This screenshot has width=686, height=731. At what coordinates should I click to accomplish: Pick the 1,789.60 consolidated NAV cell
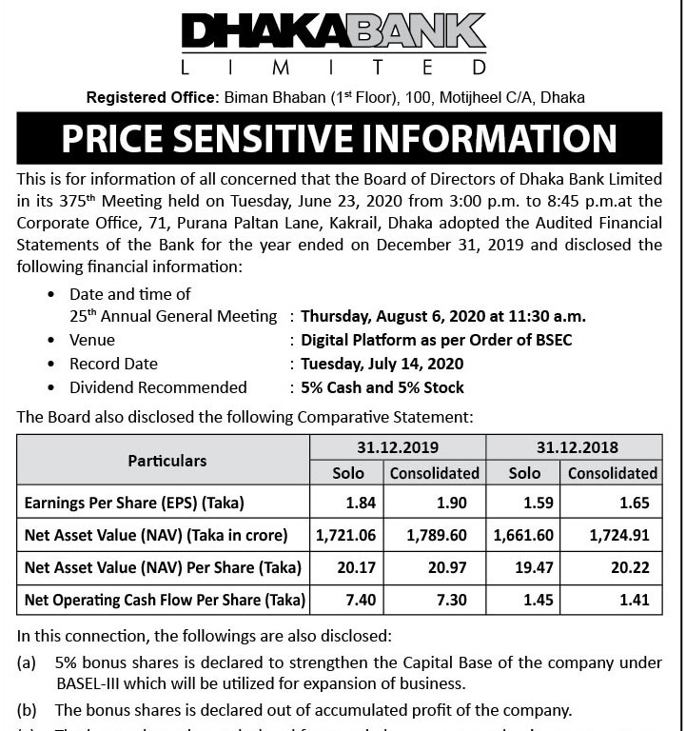point(435,535)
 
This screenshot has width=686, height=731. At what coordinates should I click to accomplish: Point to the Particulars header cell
point(167,460)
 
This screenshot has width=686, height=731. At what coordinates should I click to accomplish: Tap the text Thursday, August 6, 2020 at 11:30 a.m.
point(442,316)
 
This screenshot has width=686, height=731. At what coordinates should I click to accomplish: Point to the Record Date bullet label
point(113,364)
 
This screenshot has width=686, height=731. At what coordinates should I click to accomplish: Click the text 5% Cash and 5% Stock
point(382,387)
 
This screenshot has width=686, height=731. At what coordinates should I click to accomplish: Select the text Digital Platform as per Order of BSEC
point(437,340)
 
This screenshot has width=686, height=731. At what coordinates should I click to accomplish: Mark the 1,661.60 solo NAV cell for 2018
point(523,535)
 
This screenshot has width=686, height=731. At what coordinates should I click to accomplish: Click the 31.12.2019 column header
point(398,446)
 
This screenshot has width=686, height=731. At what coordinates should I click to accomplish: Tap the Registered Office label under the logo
point(152,97)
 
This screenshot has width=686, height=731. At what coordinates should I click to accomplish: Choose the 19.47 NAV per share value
point(523,567)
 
